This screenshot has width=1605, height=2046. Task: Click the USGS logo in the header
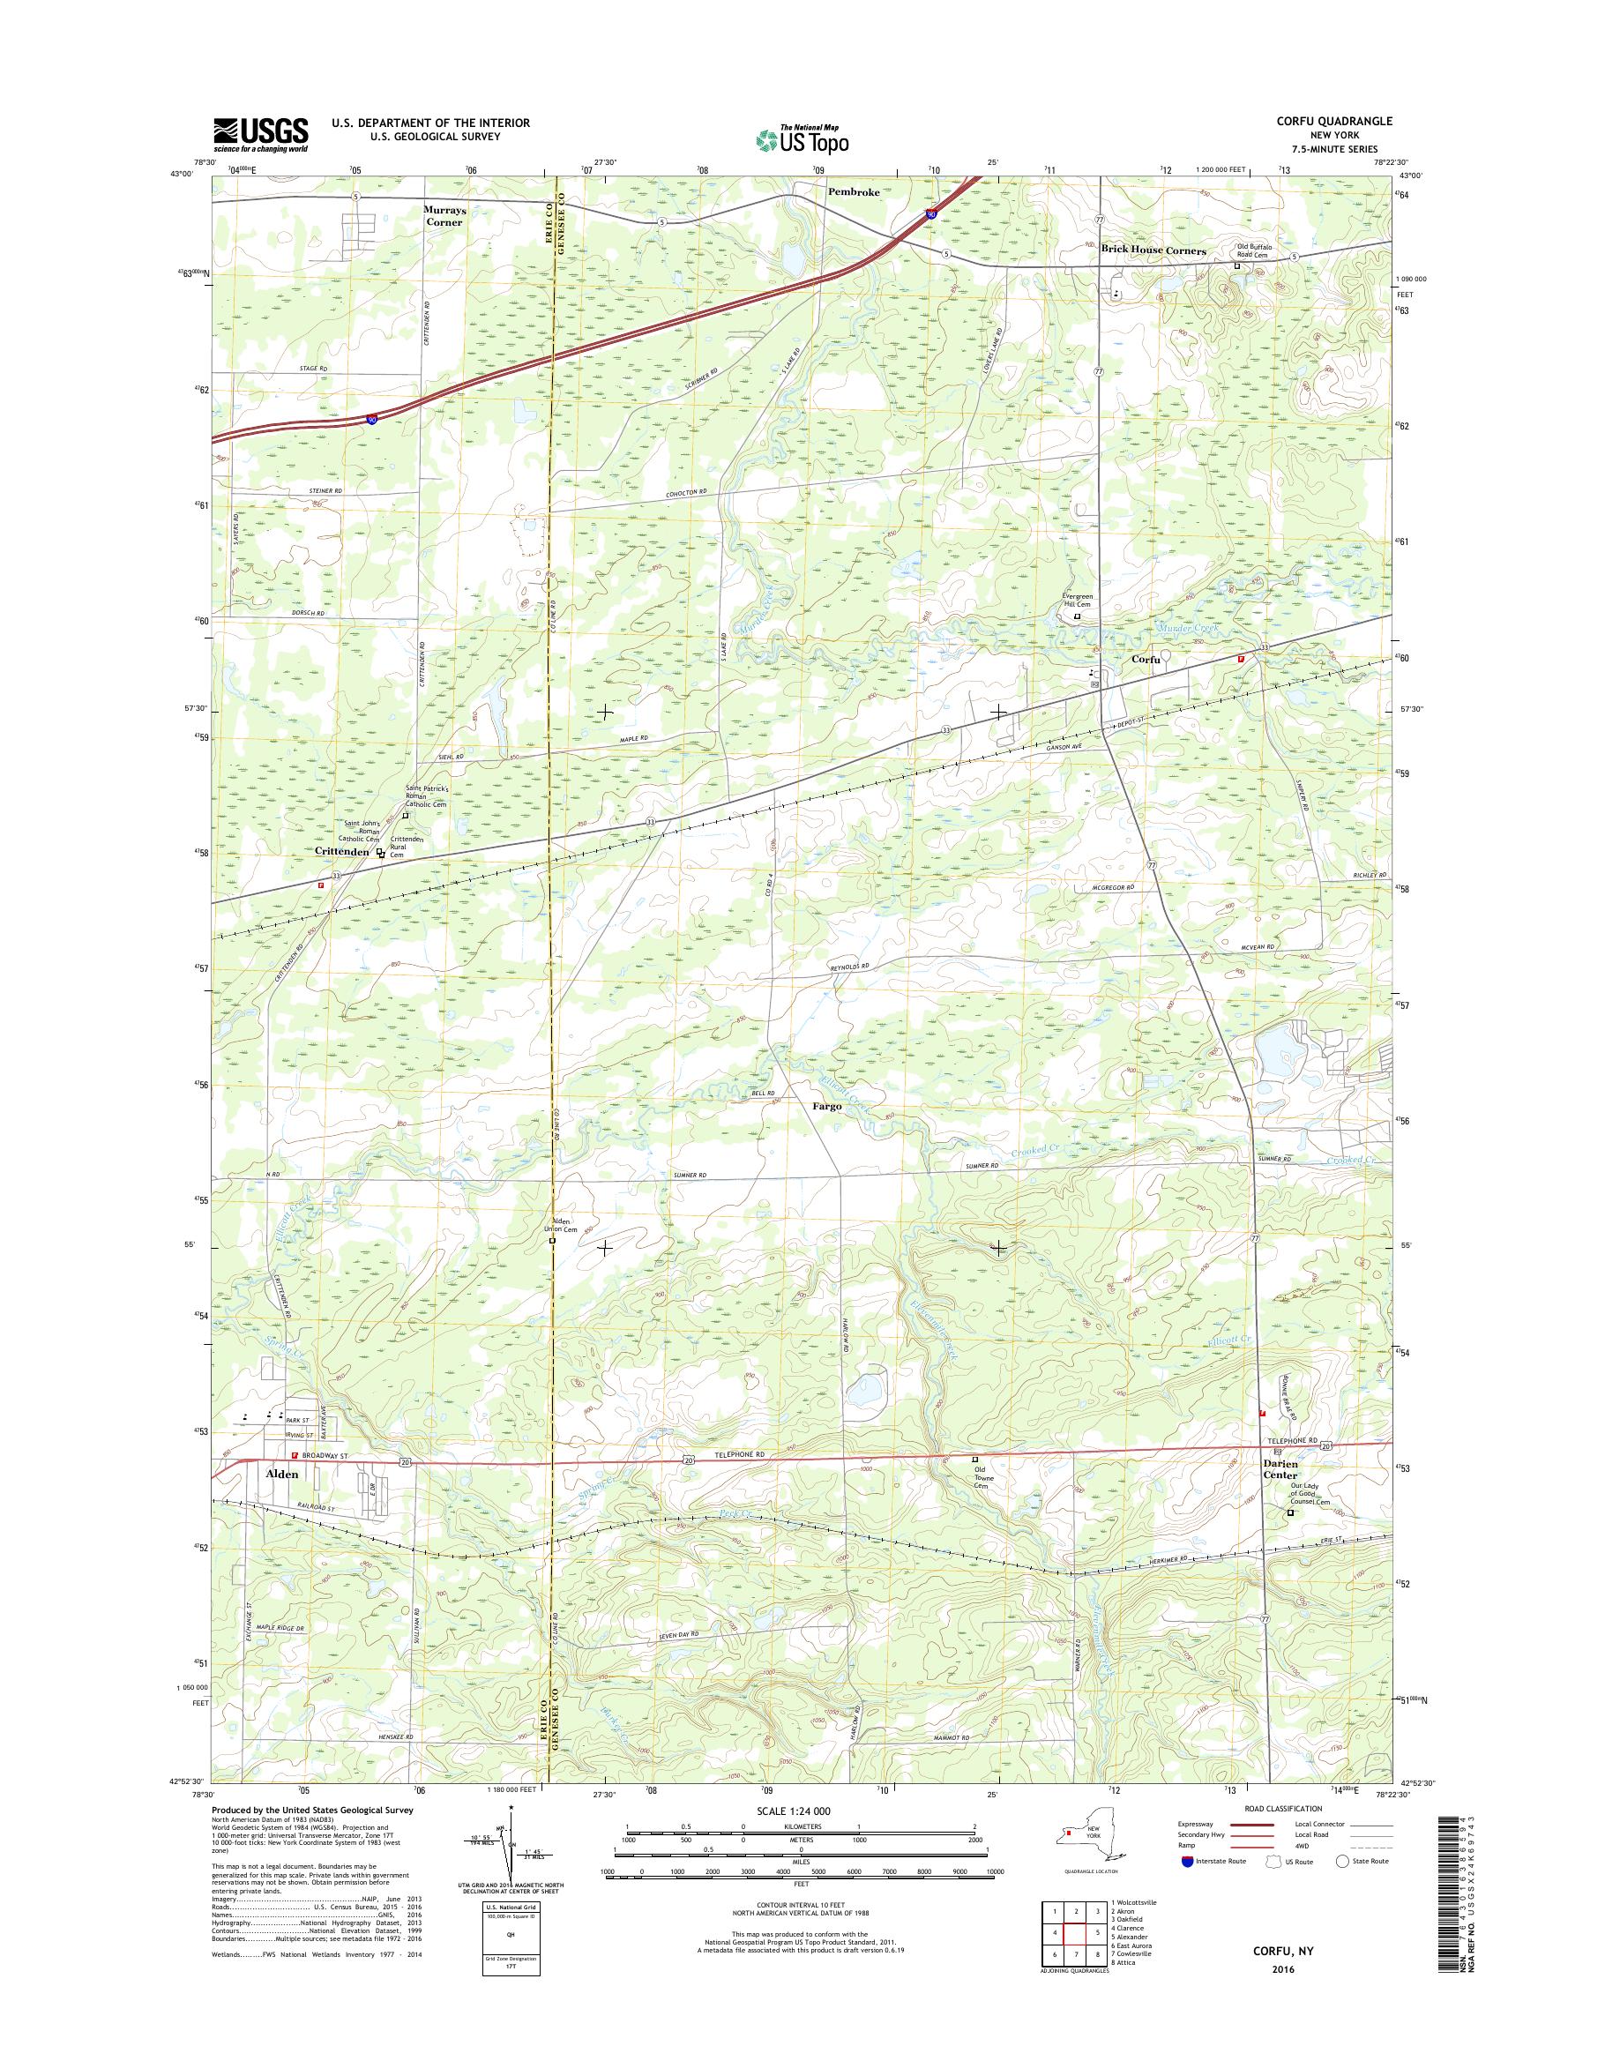[x=261, y=134]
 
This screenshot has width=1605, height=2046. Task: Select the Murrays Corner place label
[x=443, y=216]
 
